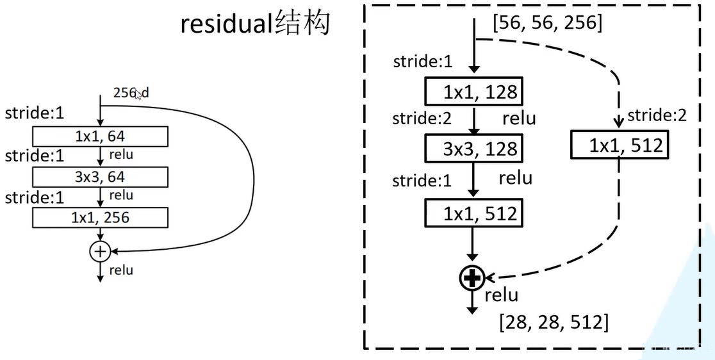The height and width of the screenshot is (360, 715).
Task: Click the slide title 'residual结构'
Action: pos(255,24)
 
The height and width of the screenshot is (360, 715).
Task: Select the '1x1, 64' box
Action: pos(100,136)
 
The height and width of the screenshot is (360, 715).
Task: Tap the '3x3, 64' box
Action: pos(100,177)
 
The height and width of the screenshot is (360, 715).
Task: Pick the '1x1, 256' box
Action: pos(100,218)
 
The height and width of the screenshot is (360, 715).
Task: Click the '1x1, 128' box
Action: pos(473,92)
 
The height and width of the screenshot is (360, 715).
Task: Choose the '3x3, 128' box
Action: pos(473,149)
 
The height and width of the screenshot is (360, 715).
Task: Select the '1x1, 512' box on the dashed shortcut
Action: pos(620,146)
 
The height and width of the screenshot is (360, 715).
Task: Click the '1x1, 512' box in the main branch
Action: pos(473,213)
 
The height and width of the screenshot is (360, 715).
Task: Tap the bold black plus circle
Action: pos(472,277)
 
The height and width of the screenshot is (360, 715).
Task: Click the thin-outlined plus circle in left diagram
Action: pos(99,251)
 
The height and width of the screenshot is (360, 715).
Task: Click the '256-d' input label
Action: pos(131,93)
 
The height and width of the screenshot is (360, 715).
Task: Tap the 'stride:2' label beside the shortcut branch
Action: pos(657,115)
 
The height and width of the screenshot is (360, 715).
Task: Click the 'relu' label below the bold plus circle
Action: pos(501,295)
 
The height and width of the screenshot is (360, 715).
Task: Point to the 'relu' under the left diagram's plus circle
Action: pos(121,270)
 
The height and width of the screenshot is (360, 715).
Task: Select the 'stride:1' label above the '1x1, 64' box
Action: pos(35,114)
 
